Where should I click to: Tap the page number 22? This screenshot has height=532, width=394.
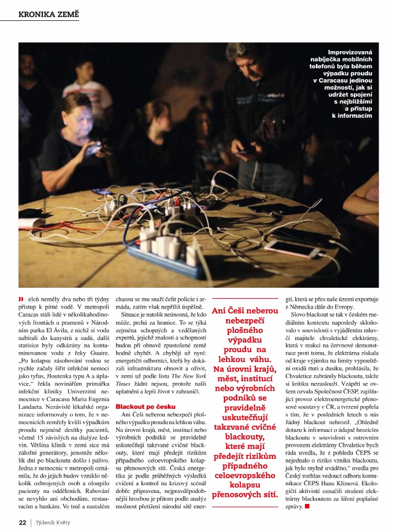click(23, 522)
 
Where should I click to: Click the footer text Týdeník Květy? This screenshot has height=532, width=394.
click(53, 522)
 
